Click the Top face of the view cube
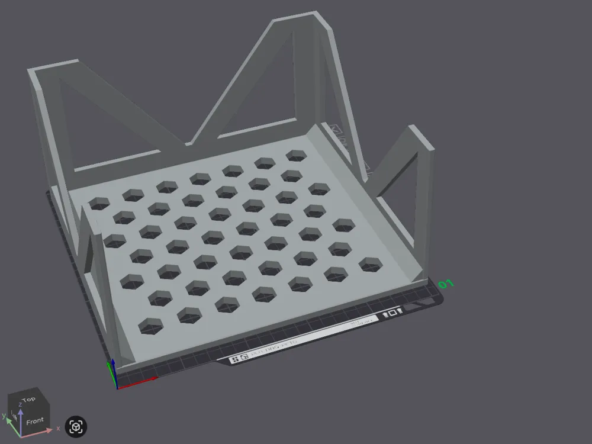pos(28,400)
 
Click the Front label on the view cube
pos(34,422)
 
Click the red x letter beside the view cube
pos(58,428)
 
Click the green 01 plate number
pos(446,285)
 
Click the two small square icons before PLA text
pos(239,358)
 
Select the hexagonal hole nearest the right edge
pos(369,264)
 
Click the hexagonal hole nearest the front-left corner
pos(150,326)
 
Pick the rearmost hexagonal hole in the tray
pos(296,156)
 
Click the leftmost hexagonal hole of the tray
pos(99,204)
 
